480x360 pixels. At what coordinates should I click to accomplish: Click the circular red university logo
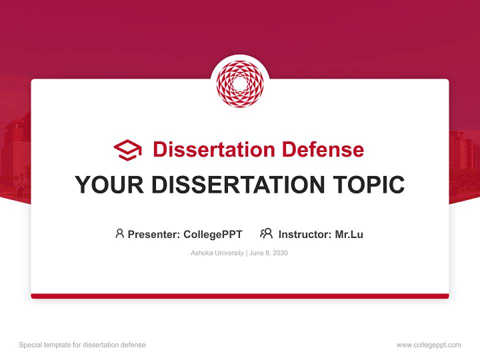[x=240, y=84]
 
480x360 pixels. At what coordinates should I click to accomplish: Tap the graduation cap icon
[x=128, y=150]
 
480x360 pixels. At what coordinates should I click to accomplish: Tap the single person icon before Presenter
[x=119, y=233]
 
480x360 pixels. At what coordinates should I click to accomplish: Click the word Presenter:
[x=153, y=234]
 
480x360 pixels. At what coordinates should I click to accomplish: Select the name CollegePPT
[x=213, y=234]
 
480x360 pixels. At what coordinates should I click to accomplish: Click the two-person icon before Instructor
[x=266, y=233]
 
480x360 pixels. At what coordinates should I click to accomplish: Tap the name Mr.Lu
[x=349, y=234]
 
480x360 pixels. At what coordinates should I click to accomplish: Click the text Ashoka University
[x=217, y=253]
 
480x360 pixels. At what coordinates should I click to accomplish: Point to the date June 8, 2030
[x=268, y=253]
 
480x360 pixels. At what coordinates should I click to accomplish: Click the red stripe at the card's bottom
[x=240, y=296]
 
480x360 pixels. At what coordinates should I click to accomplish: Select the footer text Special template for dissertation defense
[x=82, y=345]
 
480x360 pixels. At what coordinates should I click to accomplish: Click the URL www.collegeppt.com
[x=428, y=345]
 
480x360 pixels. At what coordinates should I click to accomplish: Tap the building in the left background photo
[x=15, y=150]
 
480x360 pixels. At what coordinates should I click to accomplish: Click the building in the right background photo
[x=464, y=155]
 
